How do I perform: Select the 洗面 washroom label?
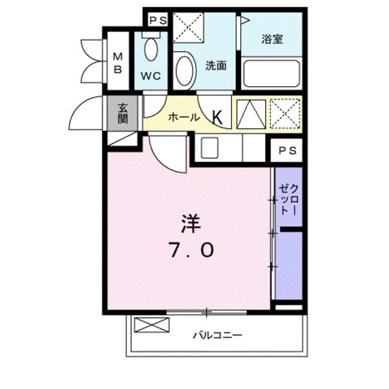pos(216,66)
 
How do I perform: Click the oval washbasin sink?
pos(184,71)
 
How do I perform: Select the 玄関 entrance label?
pos(123,113)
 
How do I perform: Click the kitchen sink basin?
pos(210,148)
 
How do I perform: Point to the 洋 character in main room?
pos(188,224)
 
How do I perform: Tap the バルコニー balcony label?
pos(218,335)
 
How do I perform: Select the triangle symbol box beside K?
pos(249,114)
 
